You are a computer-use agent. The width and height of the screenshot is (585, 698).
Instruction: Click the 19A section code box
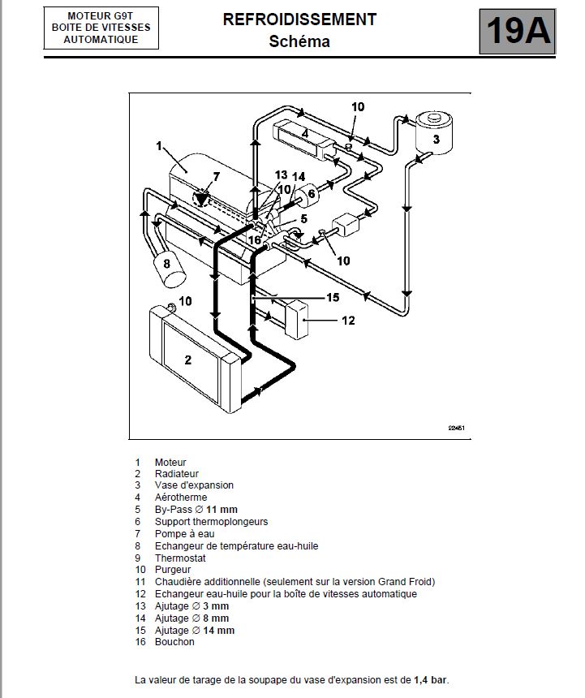(518, 30)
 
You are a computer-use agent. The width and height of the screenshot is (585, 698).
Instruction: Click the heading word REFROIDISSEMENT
(300, 20)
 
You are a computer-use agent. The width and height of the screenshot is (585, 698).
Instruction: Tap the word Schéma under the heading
(299, 41)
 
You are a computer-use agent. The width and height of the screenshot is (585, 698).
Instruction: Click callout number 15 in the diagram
(332, 297)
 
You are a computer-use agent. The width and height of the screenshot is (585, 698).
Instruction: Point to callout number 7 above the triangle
(216, 176)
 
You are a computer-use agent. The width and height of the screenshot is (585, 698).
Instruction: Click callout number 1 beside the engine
(160, 146)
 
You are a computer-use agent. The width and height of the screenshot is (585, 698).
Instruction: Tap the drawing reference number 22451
(455, 429)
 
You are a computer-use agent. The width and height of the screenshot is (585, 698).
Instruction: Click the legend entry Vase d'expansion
(194, 485)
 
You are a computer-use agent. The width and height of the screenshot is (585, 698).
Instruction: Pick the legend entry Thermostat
(180, 558)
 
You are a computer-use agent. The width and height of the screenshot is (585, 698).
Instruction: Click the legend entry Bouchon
(174, 642)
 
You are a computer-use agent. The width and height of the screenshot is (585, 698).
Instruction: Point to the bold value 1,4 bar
(430, 679)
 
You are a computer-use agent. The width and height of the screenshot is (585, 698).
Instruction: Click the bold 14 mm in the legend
(220, 631)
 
